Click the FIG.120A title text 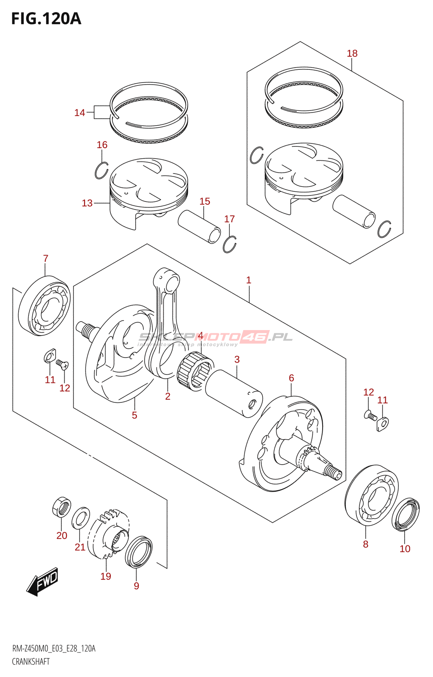[46, 19]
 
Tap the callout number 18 [352, 53]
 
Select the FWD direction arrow [43, 582]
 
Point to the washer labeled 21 [80, 518]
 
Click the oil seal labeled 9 [139, 552]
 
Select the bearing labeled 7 [45, 305]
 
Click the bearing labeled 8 [372, 495]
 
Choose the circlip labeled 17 [230, 244]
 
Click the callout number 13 [87, 203]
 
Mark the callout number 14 [79, 113]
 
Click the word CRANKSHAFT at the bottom [31, 661]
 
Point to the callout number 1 [249, 280]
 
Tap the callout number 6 [291, 378]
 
